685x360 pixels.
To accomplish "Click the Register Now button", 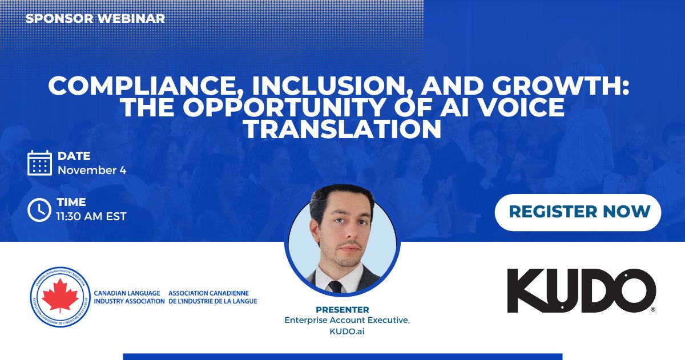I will [578, 212].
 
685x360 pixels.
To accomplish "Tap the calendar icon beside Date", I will [39, 163].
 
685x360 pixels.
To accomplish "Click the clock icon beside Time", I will [39, 209].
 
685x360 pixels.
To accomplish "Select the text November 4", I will [92, 170].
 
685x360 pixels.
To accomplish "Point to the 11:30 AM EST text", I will [92, 216].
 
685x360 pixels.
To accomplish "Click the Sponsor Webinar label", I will [95, 18].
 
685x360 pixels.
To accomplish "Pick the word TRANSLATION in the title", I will [342, 129].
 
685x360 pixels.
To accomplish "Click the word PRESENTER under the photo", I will [342, 310].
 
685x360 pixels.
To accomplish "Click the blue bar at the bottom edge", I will [342, 357].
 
